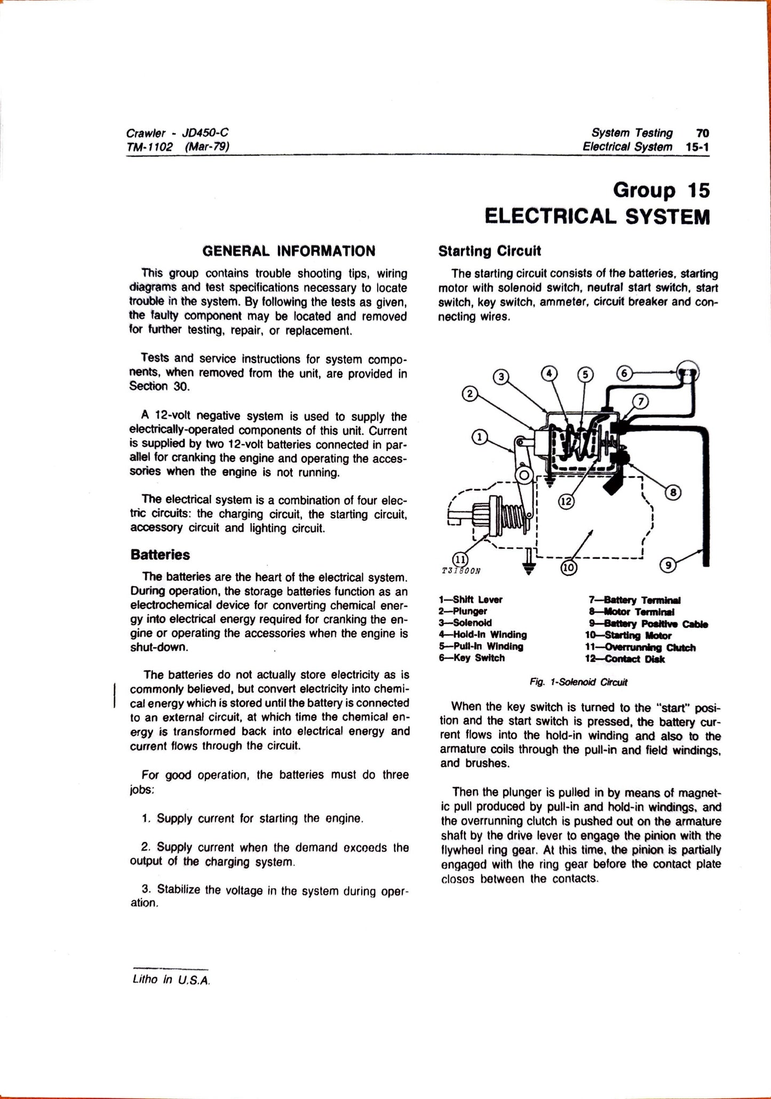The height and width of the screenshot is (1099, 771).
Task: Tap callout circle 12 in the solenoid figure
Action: [x=566, y=502]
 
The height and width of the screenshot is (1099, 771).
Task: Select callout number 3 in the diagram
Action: [x=500, y=377]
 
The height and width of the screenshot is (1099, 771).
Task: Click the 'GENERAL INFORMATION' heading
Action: [x=289, y=251]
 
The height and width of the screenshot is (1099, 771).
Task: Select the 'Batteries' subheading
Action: [x=160, y=555]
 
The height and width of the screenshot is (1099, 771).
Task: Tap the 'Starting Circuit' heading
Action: [x=489, y=251]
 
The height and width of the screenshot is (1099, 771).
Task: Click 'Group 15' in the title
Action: [x=661, y=191]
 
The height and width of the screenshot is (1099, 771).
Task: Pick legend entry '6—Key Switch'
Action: [x=471, y=658]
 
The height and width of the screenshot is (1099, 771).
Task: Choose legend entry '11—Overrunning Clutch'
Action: [x=640, y=647]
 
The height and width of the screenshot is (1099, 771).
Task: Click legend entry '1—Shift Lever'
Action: [x=470, y=599]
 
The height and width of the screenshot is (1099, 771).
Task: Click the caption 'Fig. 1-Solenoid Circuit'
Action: [x=579, y=682]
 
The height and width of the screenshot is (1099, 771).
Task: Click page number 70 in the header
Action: [x=702, y=133]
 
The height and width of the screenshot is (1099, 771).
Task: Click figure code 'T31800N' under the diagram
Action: [x=462, y=570]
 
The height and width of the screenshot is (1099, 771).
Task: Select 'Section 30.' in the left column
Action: [x=159, y=387]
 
